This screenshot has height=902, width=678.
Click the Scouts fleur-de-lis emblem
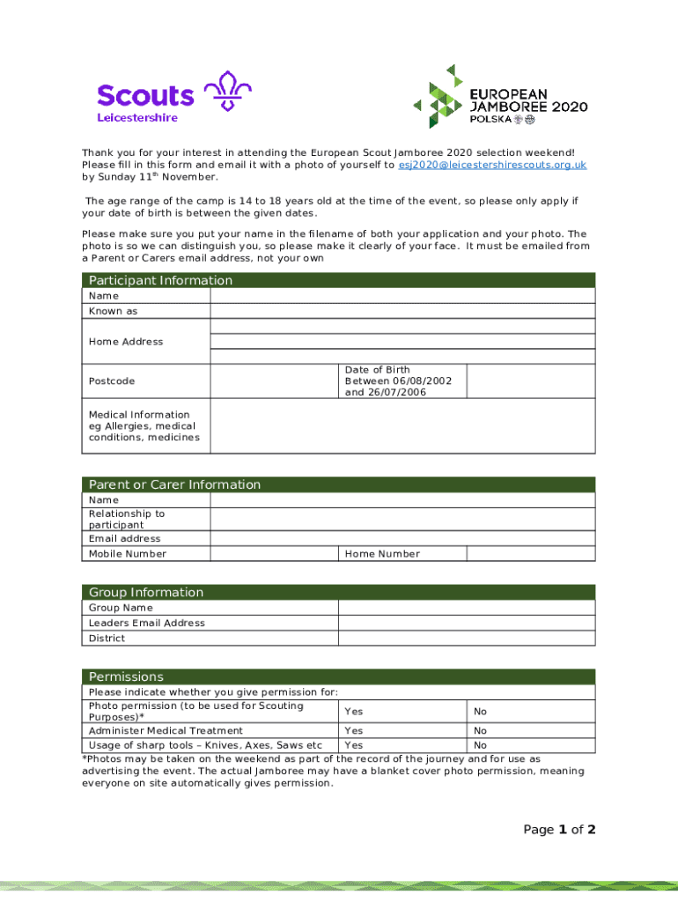(227, 92)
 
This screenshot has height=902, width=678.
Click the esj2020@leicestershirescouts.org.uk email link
(492, 165)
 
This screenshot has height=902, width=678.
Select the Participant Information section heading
(159, 280)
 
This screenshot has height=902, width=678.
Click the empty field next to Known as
(402, 311)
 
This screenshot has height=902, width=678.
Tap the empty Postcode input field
(273, 381)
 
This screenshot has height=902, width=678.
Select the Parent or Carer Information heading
(174, 484)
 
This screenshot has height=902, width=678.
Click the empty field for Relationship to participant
(402, 519)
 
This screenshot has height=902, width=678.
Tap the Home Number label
(382, 554)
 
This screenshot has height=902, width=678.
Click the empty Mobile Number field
(273, 554)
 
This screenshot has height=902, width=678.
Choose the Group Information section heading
(145, 592)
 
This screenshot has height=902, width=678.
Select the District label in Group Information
(107, 639)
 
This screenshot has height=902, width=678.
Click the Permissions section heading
(126, 676)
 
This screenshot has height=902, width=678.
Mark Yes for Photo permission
(354, 712)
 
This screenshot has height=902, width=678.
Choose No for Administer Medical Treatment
(481, 731)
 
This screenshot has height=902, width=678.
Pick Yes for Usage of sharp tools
(354, 746)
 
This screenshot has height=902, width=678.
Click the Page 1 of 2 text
(559, 830)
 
